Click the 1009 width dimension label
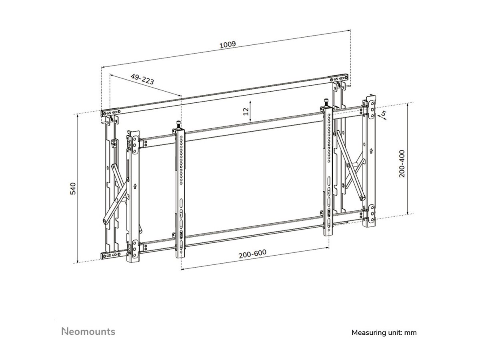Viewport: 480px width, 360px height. pyautogui.click(x=228, y=45)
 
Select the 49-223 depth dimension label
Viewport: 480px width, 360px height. pyautogui.click(x=142, y=78)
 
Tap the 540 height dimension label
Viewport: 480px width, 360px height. pyautogui.click(x=73, y=189)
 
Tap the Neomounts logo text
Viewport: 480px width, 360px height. pyautogui.click(x=88, y=332)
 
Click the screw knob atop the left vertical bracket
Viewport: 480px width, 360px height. pyautogui.click(x=178, y=124)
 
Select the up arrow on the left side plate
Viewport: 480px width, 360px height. pyautogui.click(x=135, y=185)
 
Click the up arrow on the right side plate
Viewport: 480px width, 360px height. pyautogui.click(x=372, y=151)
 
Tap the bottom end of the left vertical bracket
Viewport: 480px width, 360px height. pyautogui.click(x=183, y=254)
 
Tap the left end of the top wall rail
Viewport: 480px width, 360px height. pyautogui.click(x=105, y=112)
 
